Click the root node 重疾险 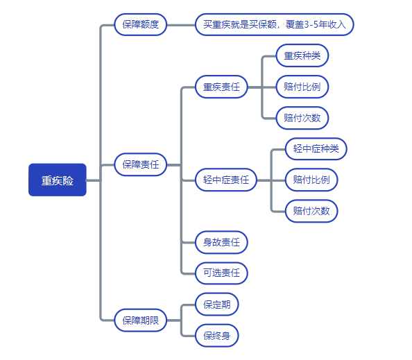click(x=58, y=180)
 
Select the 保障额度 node click(x=141, y=24)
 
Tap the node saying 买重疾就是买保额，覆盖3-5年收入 click(x=275, y=24)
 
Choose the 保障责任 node click(x=141, y=164)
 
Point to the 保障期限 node click(x=141, y=320)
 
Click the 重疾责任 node click(x=221, y=87)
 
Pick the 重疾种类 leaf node click(x=302, y=55)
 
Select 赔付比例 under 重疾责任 click(x=302, y=87)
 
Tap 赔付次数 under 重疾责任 click(x=302, y=118)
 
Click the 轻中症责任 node click(x=226, y=180)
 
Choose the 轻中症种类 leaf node click(x=316, y=148)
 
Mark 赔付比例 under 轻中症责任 click(x=311, y=180)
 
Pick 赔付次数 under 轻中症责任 click(x=311, y=211)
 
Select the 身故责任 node click(x=221, y=242)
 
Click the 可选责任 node click(x=221, y=273)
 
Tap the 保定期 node click(x=217, y=305)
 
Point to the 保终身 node click(x=217, y=336)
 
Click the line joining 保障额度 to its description click(x=181, y=25)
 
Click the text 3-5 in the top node click(x=311, y=24)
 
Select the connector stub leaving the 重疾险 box click(x=93, y=180)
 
